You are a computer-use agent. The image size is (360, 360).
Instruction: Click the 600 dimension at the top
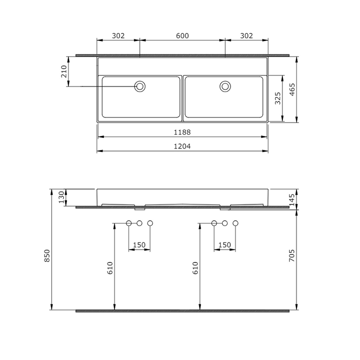tap(182, 35)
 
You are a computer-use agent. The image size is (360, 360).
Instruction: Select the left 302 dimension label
tap(118, 35)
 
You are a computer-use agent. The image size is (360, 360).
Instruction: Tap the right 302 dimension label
tap(246, 35)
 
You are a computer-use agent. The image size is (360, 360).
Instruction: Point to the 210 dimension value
tap(63, 71)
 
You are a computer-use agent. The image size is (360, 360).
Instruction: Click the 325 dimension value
tap(278, 98)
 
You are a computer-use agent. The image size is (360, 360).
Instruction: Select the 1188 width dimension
tap(182, 132)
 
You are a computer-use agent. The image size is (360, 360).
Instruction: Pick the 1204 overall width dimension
tap(182, 146)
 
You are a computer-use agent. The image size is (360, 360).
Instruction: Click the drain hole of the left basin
tap(140, 86)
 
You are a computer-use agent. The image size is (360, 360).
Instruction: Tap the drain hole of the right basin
tap(225, 86)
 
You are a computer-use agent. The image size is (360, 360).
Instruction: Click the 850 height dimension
tap(47, 256)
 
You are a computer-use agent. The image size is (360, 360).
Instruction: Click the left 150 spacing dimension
tap(139, 244)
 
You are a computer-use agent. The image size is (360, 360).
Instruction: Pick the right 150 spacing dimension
tap(225, 244)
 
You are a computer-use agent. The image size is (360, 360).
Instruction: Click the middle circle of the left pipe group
tap(139, 223)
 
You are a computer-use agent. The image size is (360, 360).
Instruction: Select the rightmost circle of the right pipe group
tap(236, 223)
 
